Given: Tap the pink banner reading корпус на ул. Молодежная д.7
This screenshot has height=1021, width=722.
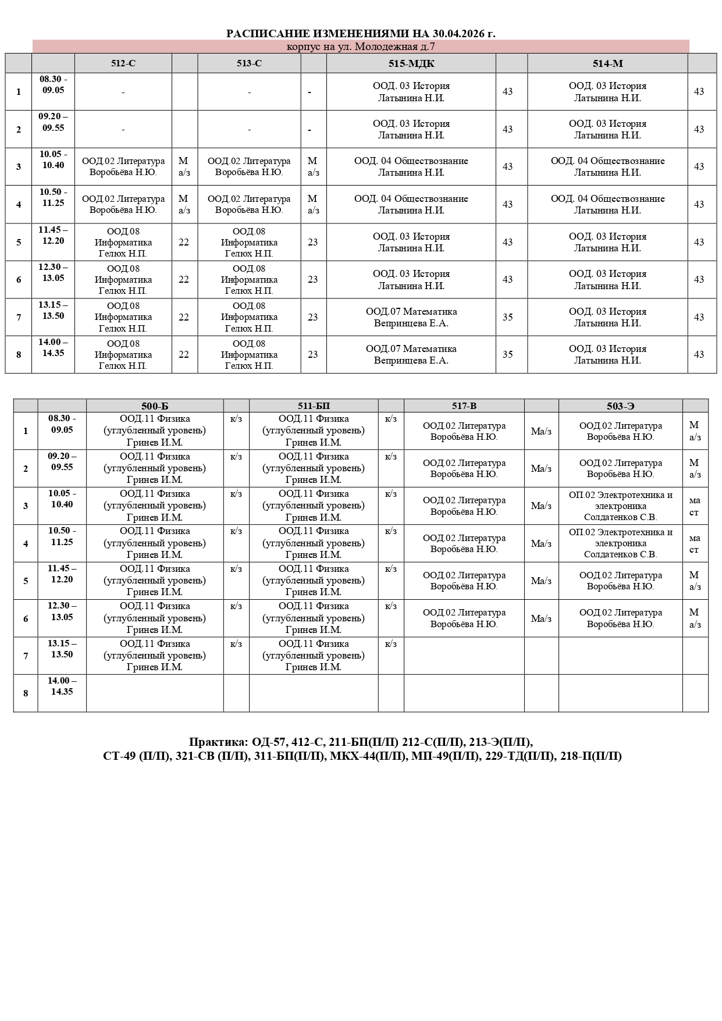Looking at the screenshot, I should click(361, 47).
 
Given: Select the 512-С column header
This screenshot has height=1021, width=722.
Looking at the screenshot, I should click(123, 63).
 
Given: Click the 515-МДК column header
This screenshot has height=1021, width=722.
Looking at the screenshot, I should click(411, 63).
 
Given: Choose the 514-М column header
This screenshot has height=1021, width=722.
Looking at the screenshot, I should click(607, 63).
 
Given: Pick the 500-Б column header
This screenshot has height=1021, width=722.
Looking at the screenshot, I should click(155, 406).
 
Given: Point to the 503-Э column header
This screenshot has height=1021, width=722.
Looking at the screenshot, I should click(620, 406).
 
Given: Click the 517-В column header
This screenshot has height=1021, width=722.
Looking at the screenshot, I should click(464, 406).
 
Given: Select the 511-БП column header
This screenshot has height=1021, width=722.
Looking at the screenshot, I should click(314, 406).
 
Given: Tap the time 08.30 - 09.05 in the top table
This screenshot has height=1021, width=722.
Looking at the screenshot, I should click(53, 85).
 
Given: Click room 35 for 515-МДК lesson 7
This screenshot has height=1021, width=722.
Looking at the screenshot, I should click(508, 318).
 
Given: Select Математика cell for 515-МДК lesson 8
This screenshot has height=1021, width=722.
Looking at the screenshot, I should click(411, 354).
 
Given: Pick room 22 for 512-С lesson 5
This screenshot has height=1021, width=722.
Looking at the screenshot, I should click(184, 243).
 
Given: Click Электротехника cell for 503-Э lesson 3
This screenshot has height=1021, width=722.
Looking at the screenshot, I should click(620, 506).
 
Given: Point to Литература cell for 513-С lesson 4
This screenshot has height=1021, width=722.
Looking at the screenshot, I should click(249, 205).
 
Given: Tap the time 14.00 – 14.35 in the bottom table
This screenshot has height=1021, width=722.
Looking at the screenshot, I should click(62, 686).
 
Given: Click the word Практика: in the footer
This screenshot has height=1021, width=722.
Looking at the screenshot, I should click(218, 742).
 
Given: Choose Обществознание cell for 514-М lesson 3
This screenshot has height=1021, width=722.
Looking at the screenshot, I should click(607, 167).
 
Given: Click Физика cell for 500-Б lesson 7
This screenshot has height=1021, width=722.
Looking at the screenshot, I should click(155, 656).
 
